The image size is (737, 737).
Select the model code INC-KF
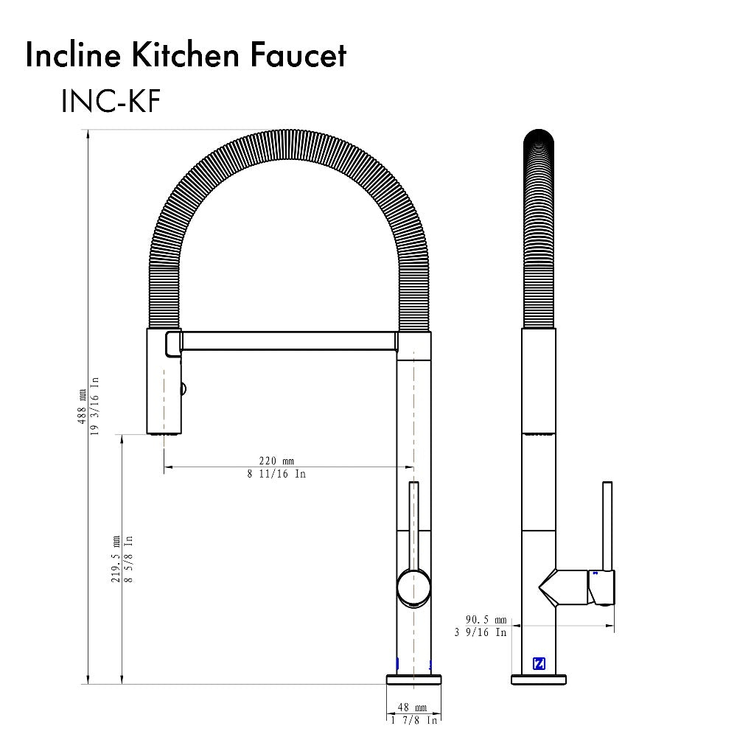[111, 102]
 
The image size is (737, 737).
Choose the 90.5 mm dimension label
[486, 619]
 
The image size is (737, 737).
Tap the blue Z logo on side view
[539, 663]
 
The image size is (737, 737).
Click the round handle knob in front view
[413, 587]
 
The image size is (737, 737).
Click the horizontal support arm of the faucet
[287, 340]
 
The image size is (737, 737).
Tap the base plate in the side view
[539, 679]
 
